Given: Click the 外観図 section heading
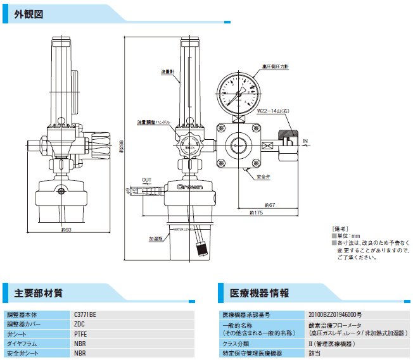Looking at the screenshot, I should coord(28,14).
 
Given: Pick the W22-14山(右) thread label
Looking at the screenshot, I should coord(273,111).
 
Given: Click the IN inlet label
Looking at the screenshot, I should coord(305,140).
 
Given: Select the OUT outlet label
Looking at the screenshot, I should coord(146,180).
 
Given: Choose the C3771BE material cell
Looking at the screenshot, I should coord(86,314).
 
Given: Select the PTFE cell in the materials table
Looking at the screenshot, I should coord(80,333).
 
